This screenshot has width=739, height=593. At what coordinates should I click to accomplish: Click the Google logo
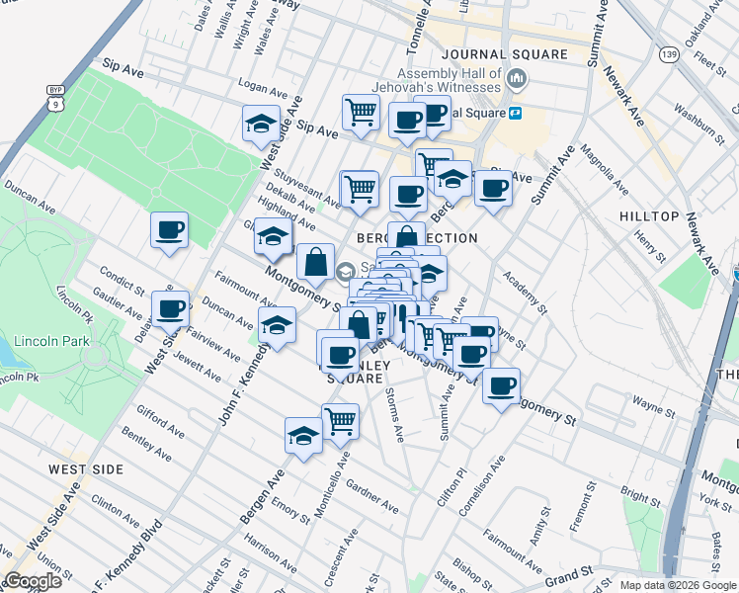[x=34, y=581]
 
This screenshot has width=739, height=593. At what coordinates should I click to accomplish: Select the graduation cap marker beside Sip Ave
[x=261, y=124]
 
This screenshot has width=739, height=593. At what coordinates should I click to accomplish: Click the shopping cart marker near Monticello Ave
[x=341, y=420]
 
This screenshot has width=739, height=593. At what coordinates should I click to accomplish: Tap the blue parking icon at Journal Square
[x=515, y=114]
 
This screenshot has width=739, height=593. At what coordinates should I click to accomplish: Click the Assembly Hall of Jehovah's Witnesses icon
[x=515, y=77]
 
